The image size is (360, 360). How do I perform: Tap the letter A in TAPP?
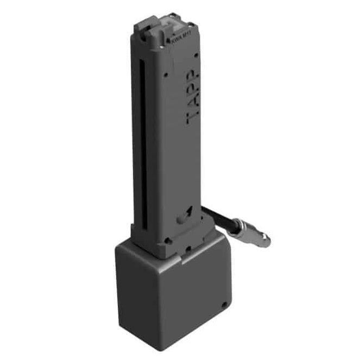tap(193, 102)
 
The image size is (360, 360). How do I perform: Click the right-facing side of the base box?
tap(198, 293)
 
